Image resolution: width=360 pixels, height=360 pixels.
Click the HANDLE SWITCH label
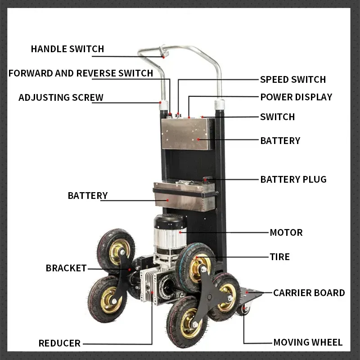pos(67,49)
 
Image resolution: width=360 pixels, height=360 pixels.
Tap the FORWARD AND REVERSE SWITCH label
pos(81,73)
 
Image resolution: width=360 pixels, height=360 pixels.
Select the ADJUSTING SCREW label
pos(61,97)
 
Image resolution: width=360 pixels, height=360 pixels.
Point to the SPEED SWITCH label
pos(292,80)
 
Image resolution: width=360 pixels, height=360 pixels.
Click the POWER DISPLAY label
pos(296,97)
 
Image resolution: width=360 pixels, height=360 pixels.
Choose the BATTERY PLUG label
pos(293,180)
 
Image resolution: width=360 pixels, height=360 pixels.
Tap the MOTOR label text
pos(286,233)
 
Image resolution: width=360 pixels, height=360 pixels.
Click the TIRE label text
pos(279,257)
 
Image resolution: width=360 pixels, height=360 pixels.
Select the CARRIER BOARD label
pos(309,293)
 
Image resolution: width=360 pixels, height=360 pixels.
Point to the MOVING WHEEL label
pos(308,342)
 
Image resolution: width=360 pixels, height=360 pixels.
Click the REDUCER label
pos(59,343)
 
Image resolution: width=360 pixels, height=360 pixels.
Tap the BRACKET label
pos(66,268)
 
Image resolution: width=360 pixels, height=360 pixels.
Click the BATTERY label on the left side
pos(88,196)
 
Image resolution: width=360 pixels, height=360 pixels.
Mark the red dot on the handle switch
pos(164,57)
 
